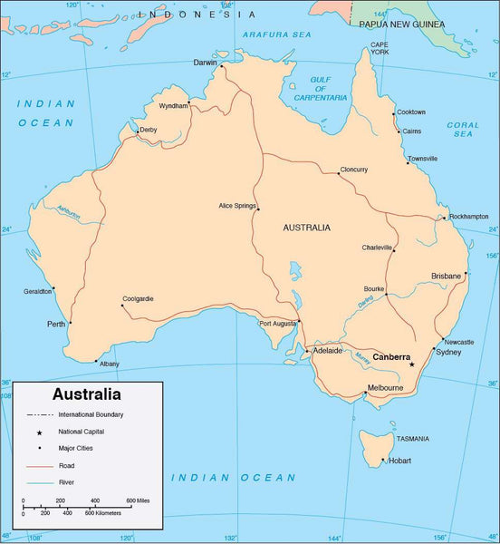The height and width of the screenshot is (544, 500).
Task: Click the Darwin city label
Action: (x=207, y=63)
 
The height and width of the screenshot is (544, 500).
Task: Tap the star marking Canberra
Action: (x=412, y=364)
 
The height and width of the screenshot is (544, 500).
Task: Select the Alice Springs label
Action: (x=237, y=206)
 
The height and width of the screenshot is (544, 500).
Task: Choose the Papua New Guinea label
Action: (x=401, y=25)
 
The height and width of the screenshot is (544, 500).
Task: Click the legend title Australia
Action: (x=87, y=394)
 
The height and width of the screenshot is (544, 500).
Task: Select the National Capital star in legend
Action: (x=40, y=431)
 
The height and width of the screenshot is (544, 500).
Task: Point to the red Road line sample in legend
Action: (x=40, y=464)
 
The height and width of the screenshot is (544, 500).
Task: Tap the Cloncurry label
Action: (x=353, y=170)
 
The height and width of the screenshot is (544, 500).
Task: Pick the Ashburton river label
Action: (x=69, y=213)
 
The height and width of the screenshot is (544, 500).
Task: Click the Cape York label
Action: (x=379, y=48)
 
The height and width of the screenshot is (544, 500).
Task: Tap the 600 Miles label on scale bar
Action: (x=139, y=500)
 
